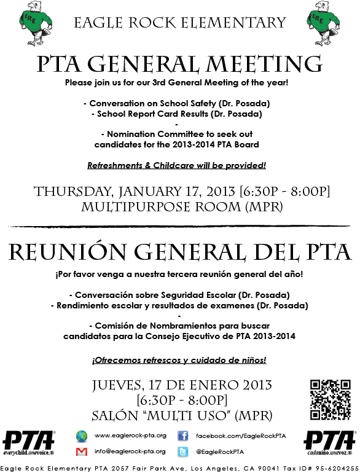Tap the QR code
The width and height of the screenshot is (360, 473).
pyautogui.click(x=331, y=400)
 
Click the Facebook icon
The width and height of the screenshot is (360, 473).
pyautogui.click(x=182, y=436)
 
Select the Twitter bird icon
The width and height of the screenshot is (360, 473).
pyautogui.click(x=182, y=451)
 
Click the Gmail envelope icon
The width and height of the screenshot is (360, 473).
pyautogui.click(x=81, y=451)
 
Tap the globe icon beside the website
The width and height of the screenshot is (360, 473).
pyautogui.click(x=81, y=436)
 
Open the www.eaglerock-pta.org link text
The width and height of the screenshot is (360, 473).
pyautogui.click(x=130, y=436)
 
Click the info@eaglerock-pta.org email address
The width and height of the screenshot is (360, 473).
pyautogui.click(x=130, y=451)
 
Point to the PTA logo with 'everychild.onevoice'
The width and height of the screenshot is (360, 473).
pyautogui.click(x=28, y=442)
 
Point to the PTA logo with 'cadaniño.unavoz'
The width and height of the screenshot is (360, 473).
pyautogui.click(x=330, y=442)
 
